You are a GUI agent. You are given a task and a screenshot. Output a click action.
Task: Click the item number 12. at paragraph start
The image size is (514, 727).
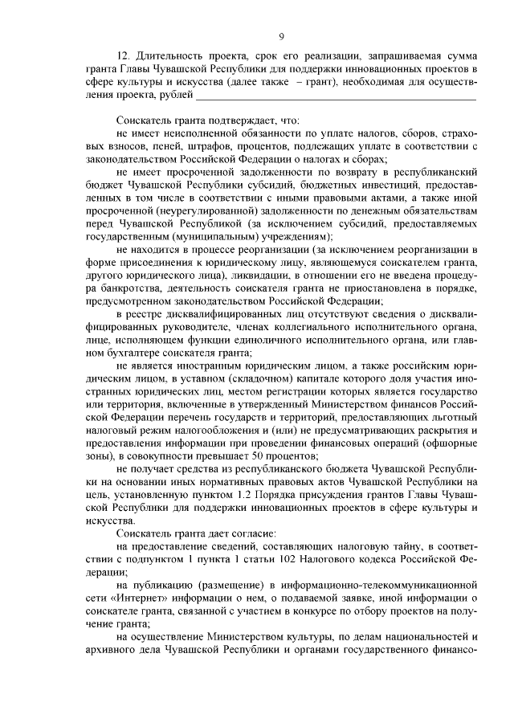[x=124, y=58]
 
